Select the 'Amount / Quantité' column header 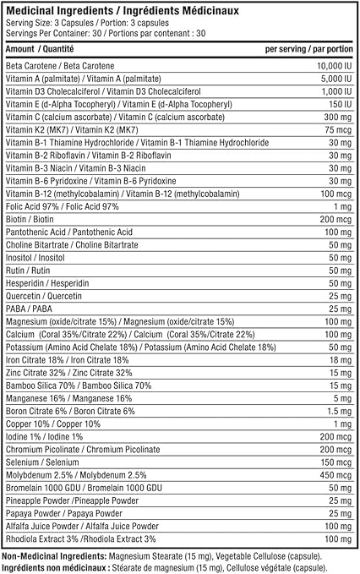click(x=39, y=50)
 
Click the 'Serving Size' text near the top click(x=26, y=22)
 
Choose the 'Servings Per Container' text click(x=43, y=33)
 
